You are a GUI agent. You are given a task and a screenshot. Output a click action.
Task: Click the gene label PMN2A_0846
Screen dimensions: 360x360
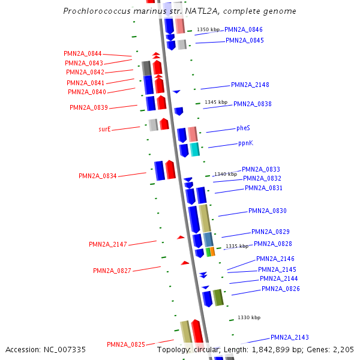[x=243, y=29]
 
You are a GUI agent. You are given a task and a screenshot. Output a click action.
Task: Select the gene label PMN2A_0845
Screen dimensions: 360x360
[x=244, y=41]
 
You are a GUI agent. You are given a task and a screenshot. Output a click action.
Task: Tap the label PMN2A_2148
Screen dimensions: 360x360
[x=250, y=85]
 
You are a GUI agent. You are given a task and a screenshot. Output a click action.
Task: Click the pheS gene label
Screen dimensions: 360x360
[x=243, y=128]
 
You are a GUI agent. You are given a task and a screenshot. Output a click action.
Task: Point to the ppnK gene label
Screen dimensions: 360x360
[x=245, y=143]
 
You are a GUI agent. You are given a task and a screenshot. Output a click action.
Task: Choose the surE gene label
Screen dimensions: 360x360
[x=104, y=129]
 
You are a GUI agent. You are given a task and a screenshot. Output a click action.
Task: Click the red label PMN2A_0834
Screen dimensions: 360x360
[x=97, y=176]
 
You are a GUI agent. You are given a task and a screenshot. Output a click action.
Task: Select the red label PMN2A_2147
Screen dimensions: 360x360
[x=108, y=245]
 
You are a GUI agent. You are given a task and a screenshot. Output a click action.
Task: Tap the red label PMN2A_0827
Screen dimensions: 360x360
[x=112, y=271]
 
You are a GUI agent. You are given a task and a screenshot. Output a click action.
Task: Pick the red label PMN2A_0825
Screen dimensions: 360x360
[x=126, y=345]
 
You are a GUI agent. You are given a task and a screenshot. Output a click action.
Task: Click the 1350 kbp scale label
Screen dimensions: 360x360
[x=208, y=29]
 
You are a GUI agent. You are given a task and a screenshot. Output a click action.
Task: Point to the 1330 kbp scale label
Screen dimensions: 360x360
[x=248, y=317]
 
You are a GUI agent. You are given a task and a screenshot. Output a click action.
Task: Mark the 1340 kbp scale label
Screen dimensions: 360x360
[x=226, y=174]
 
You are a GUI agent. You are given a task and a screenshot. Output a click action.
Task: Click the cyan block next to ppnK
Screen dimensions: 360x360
[x=194, y=149]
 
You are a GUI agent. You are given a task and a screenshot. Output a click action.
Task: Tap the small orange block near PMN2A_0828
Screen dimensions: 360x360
[x=212, y=251]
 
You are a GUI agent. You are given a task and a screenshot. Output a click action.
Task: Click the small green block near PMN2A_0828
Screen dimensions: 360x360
[x=208, y=252]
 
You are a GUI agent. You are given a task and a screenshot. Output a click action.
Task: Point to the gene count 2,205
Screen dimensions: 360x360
[x=342, y=350]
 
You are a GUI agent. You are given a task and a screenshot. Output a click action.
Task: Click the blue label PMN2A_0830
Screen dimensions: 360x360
[x=268, y=211]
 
